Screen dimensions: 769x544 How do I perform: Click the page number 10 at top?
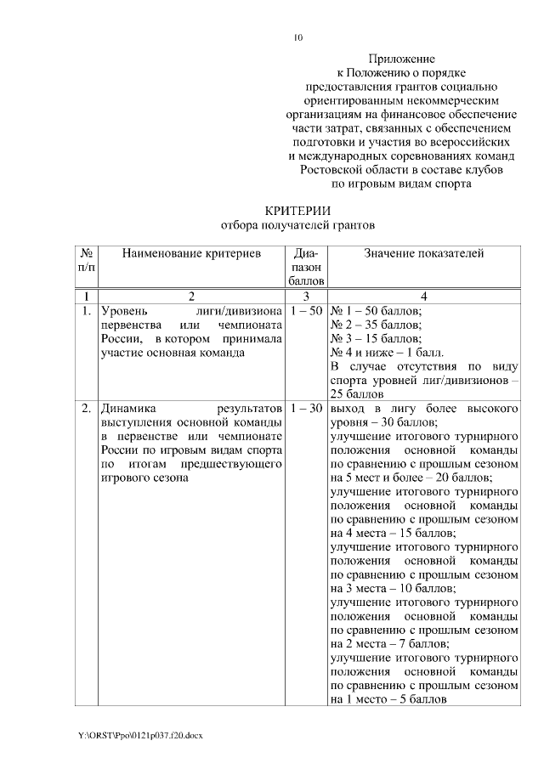[297, 37]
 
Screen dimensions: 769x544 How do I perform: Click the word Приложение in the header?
[402, 59]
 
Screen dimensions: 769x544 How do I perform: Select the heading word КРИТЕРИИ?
[297, 210]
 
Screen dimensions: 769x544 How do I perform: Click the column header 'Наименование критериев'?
[190, 253]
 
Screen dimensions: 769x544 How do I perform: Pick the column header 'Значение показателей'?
[424, 253]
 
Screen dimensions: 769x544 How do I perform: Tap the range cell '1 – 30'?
[305, 409]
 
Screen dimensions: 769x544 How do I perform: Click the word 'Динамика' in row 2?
[126, 409]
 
